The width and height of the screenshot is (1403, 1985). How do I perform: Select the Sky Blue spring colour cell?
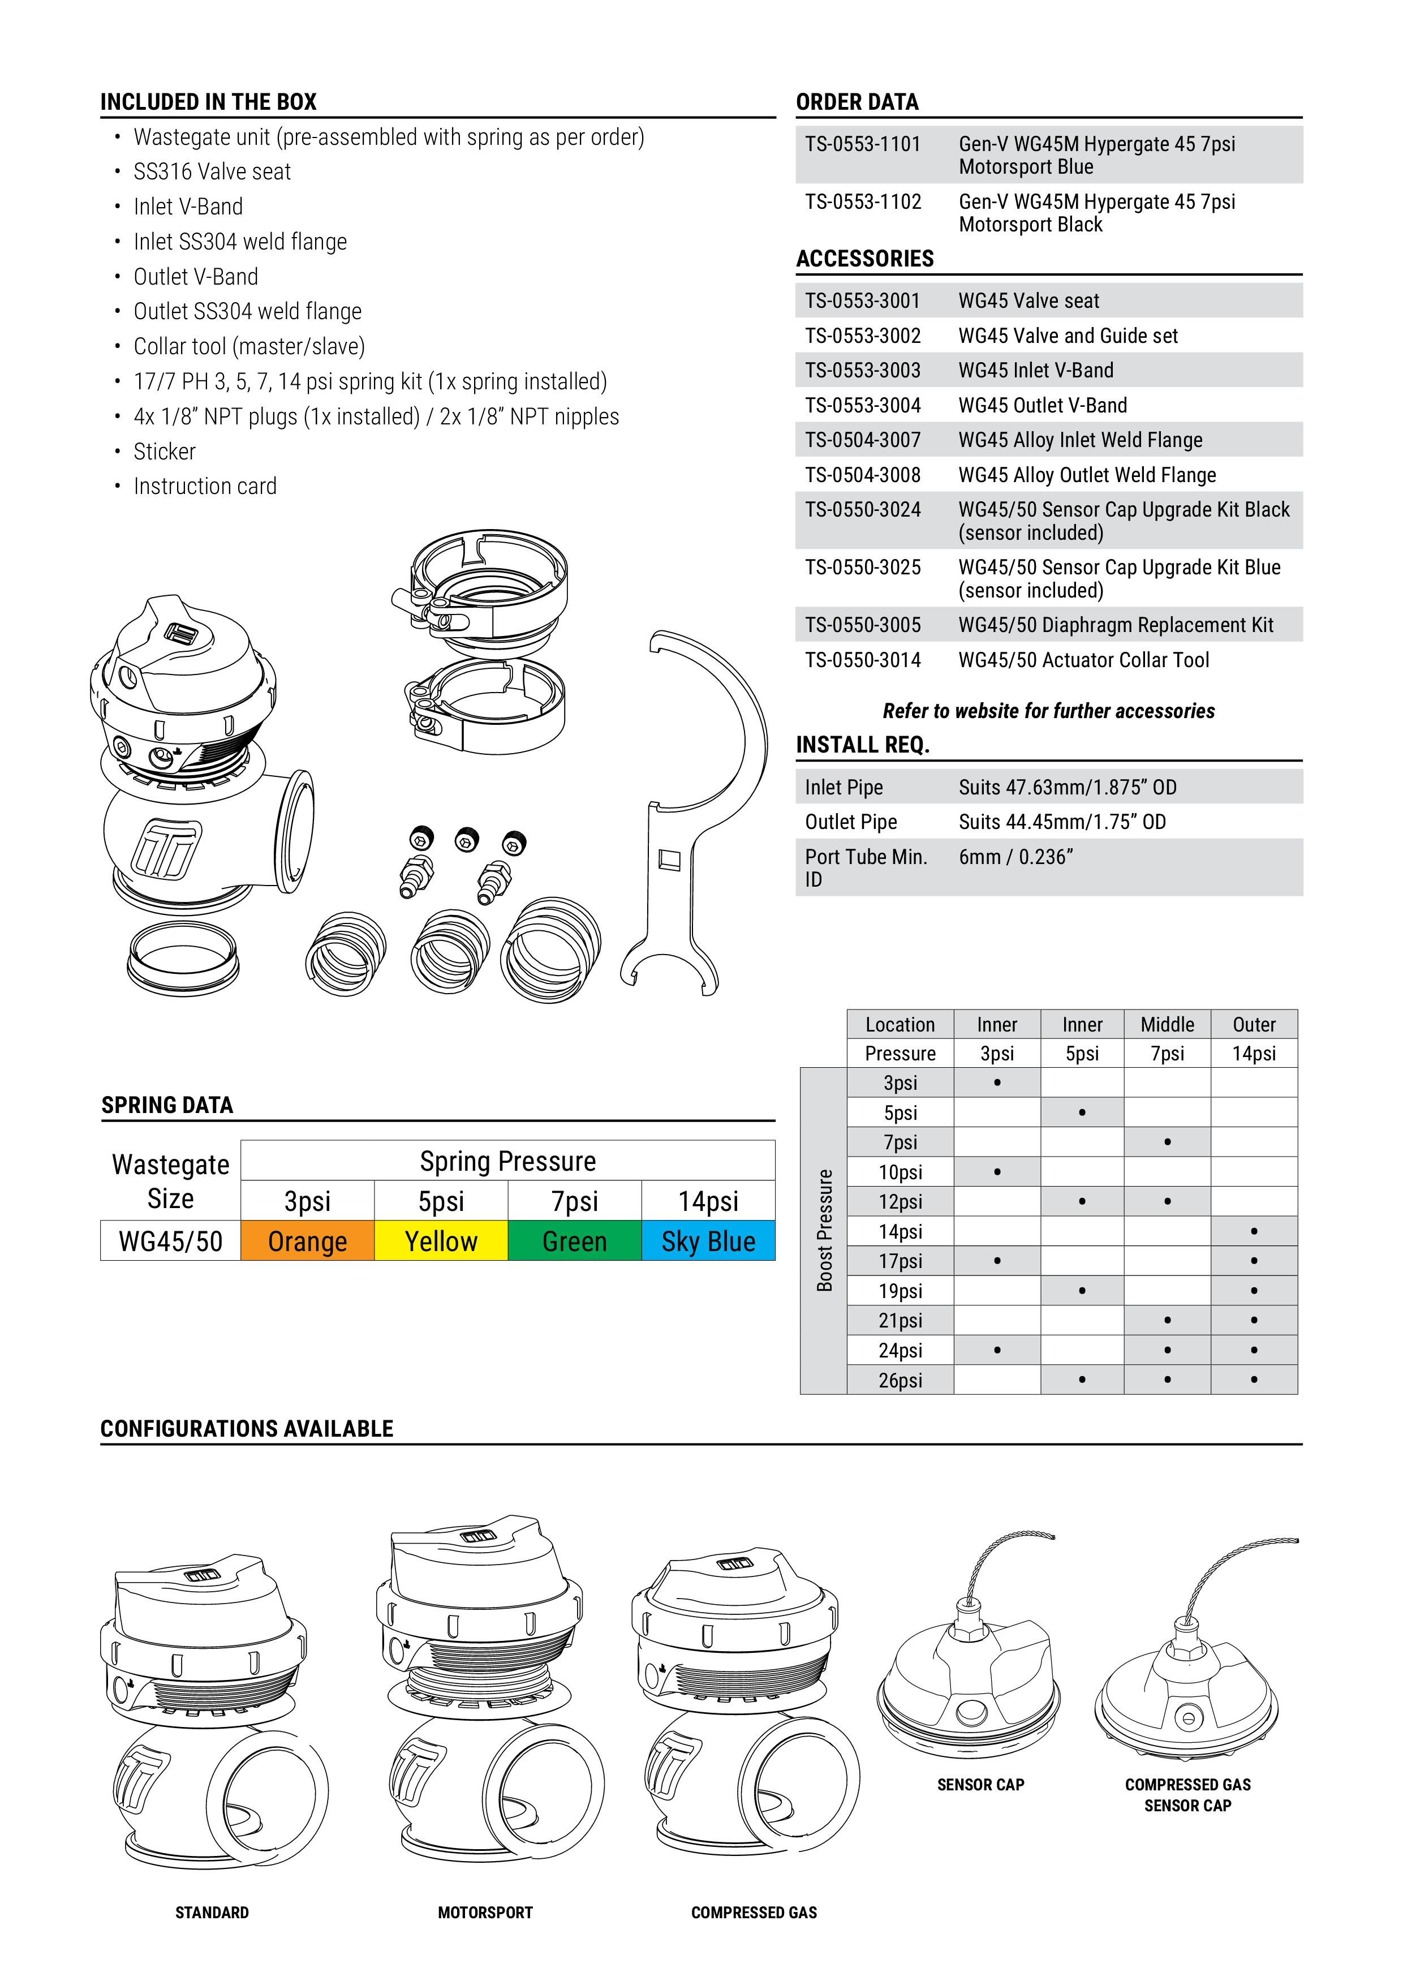708,1240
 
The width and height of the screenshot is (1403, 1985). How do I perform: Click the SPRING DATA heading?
167,1105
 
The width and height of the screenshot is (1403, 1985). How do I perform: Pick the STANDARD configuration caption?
212,1913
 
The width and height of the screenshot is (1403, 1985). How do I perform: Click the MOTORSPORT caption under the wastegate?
485,1913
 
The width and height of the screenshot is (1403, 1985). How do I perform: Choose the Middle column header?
1167,1025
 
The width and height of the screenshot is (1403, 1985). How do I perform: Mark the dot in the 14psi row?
1254,1231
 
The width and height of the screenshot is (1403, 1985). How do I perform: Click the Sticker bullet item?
164,452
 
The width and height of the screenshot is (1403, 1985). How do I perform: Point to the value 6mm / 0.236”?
1015,857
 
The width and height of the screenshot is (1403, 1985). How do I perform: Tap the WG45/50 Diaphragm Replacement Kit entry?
1115,625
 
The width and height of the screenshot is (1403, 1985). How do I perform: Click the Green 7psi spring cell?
574,1240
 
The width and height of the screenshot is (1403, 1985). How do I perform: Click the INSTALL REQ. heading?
862,745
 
